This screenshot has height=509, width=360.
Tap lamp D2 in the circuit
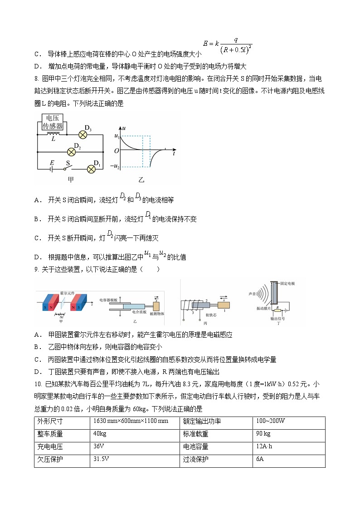point(71,151)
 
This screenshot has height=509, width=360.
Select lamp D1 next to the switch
point(91,169)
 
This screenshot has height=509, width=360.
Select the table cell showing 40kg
point(100,434)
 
